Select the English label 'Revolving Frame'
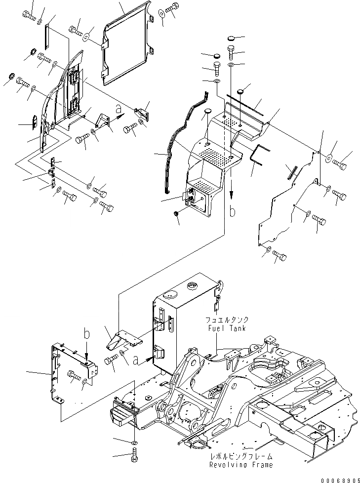(x=240, y=465)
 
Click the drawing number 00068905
(x=338, y=478)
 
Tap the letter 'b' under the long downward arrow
(x=233, y=213)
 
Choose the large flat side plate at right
(x=286, y=198)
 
